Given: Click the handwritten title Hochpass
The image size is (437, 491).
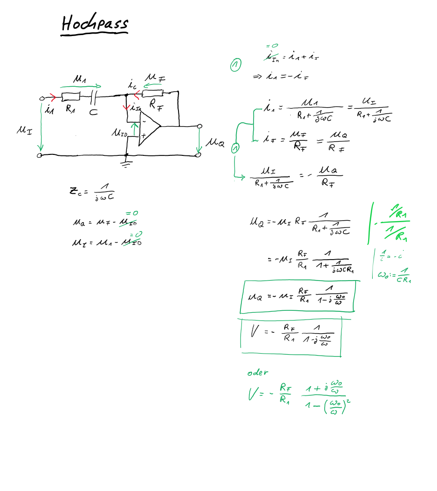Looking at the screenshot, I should click(x=95, y=23).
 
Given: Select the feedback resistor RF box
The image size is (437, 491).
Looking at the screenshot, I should click(x=153, y=93).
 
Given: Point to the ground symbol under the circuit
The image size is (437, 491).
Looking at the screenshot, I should click(x=127, y=164).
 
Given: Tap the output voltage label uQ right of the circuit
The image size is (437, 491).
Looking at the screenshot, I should click(x=215, y=142).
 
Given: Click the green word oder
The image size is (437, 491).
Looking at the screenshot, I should click(x=258, y=373).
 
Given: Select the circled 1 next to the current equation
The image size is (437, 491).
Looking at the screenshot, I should click(x=236, y=65).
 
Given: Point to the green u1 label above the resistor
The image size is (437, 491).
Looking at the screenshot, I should click(x=79, y=78).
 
